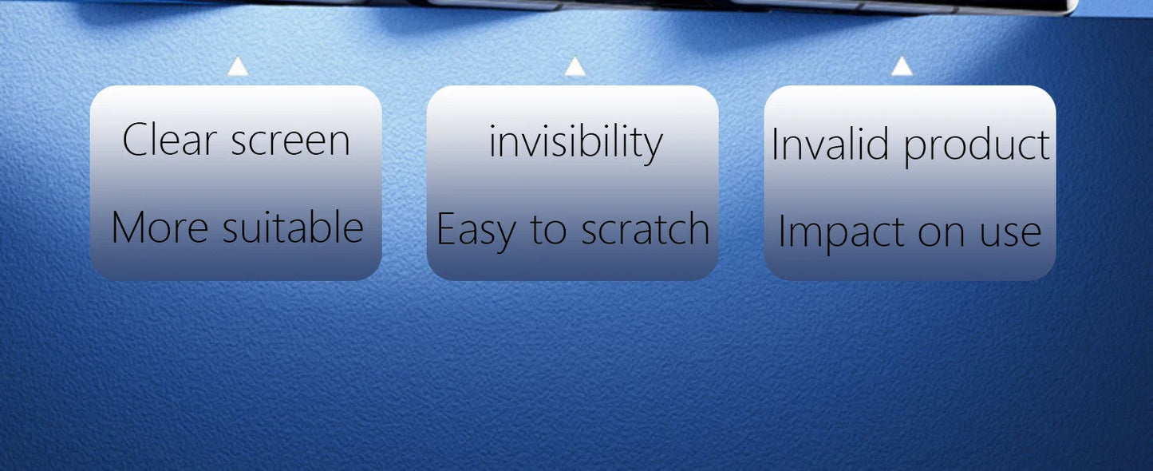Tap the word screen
coord(290,141)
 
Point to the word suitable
coord(293,226)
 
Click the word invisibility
coord(575,142)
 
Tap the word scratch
coord(646,228)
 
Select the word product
coord(977,146)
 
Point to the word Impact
coord(841,232)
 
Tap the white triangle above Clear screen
coord(238,67)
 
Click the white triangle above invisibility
coord(575,67)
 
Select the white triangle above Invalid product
coord(902,67)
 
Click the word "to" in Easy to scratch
coord(548,230)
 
